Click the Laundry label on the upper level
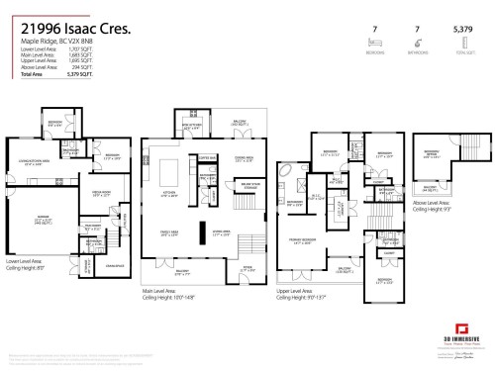pos(388,189)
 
